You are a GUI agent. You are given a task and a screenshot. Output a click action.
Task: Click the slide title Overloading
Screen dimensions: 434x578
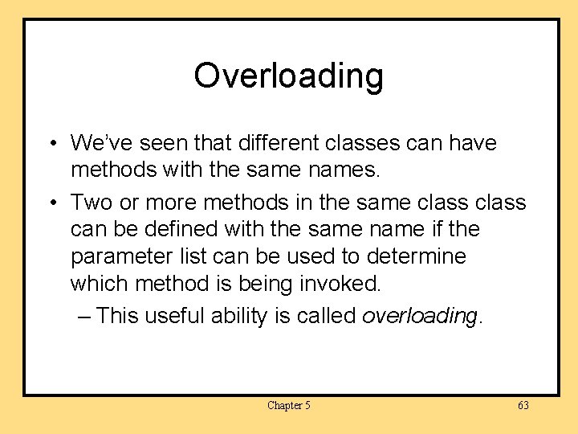288,76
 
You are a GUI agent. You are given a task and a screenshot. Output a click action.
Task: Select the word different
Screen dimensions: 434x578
253,144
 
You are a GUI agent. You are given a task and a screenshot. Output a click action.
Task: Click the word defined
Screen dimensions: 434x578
176,230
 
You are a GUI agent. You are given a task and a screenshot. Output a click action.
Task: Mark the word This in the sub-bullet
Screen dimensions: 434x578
117,316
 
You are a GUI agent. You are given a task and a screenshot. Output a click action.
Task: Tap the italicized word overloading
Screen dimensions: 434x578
419,316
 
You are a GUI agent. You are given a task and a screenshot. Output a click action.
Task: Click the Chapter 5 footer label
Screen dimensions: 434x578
288,405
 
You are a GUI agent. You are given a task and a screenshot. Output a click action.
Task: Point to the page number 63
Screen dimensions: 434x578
523,405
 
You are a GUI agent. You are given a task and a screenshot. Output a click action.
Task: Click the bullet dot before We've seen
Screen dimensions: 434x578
51,145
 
